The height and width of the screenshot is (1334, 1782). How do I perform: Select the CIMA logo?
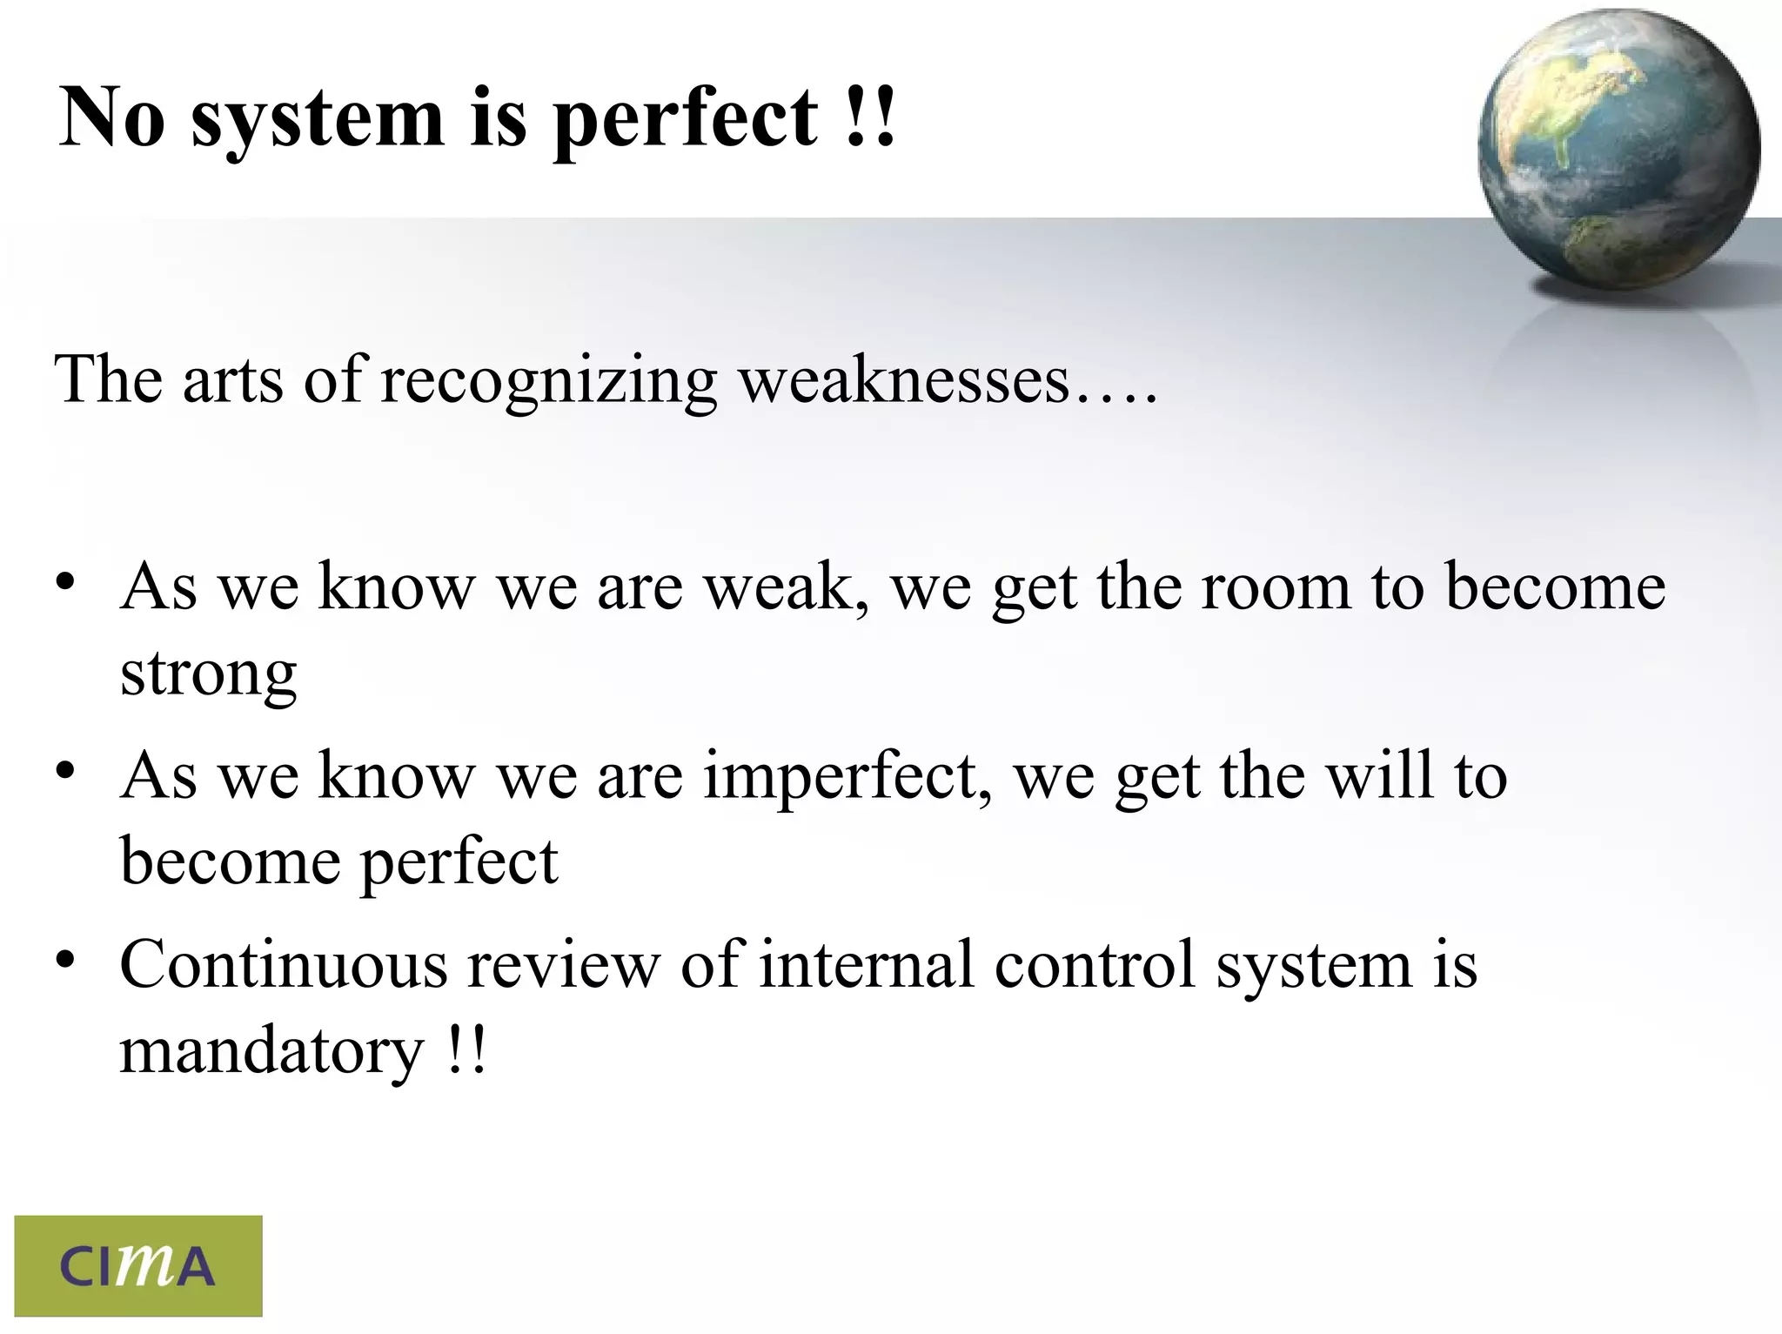click(x=138, y=1265)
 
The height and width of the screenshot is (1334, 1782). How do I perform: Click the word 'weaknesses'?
click(x=905, y=380)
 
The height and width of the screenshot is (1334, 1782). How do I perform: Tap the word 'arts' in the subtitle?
click(x=232, y=380)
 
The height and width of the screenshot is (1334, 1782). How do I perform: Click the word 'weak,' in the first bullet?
click(x=787, y=587)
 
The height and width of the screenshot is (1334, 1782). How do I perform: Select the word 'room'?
click(x=1276, y=587)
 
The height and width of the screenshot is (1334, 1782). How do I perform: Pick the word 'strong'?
click(x=209, y=674)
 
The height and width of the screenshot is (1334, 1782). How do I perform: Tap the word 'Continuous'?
click(x=283, y=965)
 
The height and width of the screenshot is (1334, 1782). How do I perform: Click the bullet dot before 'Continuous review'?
click(x=65, y=961)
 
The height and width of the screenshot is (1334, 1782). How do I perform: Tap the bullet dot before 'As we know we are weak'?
click(x=65, y=583)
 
